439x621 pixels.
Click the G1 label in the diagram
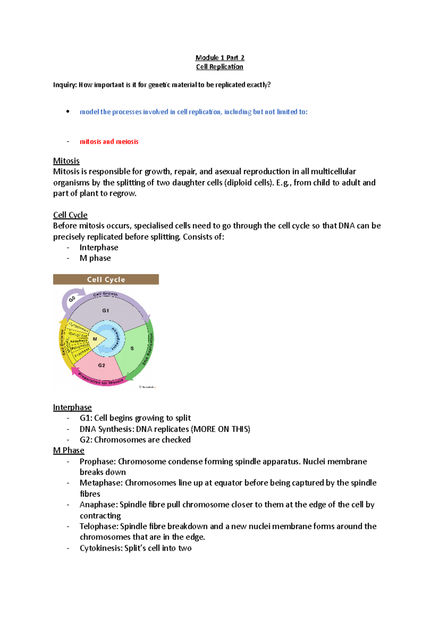105,310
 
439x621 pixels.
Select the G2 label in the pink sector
101,365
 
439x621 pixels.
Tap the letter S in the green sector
132,349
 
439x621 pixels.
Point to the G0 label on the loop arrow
72,299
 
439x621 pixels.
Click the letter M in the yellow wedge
95,339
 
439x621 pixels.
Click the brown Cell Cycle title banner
106,279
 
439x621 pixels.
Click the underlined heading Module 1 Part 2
219,57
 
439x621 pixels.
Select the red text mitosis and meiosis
109,142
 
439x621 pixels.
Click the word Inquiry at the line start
65,85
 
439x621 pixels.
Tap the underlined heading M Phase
68,450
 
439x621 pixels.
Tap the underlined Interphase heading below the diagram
72,407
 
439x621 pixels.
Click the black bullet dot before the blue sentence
68,112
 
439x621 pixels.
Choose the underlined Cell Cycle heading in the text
70,215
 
